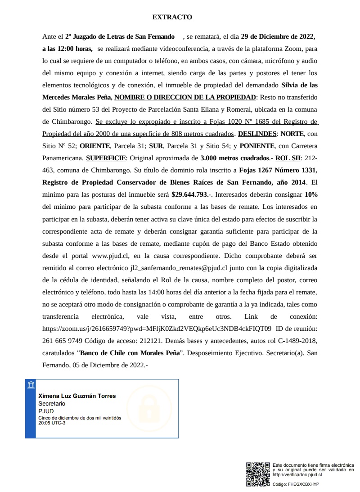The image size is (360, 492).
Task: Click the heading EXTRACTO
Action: coord(172,17)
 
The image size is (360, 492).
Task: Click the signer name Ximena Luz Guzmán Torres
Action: coord(77,396)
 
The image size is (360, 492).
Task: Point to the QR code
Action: coord(258,474)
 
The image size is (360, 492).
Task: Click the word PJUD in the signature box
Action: coord(46,411)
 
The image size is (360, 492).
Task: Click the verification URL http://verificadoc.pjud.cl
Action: coord(297,474)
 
